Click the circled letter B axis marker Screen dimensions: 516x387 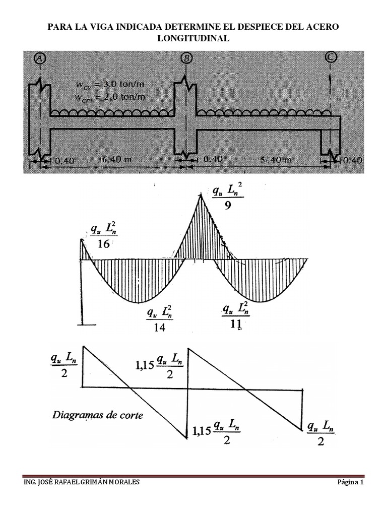[186, 58]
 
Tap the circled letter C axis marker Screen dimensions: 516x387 [331, 56]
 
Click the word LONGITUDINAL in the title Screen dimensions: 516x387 [193, 38]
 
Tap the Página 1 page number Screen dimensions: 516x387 [350, 482]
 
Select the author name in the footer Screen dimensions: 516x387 [82, 482]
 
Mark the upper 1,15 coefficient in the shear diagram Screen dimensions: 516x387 [145, 362]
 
